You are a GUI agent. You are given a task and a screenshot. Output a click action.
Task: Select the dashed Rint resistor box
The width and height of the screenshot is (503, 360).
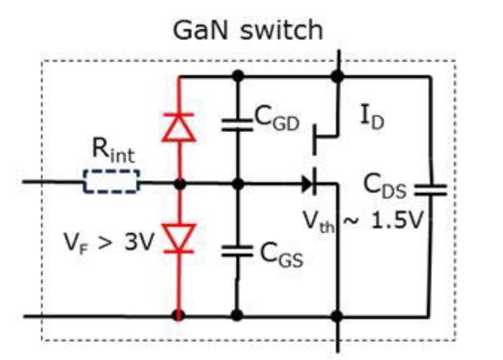pos(111,184)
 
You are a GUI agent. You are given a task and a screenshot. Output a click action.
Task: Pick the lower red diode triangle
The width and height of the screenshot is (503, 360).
pos(179,241)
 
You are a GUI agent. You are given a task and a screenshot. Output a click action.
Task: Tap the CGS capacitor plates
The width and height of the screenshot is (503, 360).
pos(238,251)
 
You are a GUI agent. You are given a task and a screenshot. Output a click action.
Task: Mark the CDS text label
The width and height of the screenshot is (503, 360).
pos(384,187)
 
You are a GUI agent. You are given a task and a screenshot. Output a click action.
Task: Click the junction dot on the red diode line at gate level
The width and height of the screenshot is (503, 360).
pos(179,184)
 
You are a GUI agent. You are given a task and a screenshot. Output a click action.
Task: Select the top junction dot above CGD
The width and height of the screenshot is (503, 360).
pos(238,76)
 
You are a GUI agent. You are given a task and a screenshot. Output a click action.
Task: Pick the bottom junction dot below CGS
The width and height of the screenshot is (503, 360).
pos(238,314)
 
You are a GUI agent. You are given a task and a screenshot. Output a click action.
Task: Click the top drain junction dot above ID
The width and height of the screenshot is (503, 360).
pos(338,76)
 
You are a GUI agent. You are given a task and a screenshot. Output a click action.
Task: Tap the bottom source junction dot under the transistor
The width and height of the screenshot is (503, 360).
pos(338,314)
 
